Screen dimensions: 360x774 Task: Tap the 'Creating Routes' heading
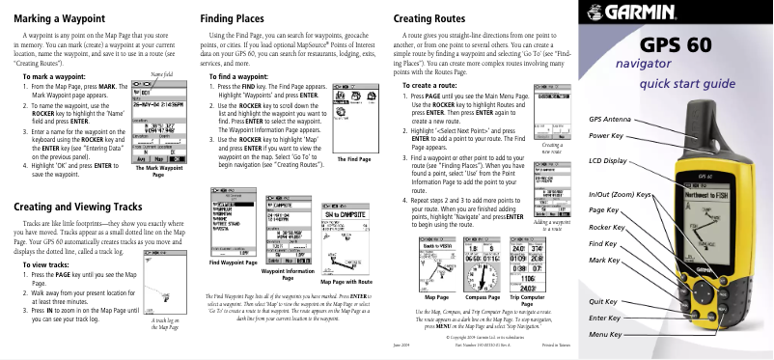[431, 18]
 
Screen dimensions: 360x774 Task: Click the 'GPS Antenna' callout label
[610, 118]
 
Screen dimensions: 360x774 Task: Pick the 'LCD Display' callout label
[608, 159]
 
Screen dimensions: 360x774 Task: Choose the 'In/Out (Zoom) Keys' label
[622, 195]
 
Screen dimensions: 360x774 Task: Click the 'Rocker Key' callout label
[607, 227]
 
